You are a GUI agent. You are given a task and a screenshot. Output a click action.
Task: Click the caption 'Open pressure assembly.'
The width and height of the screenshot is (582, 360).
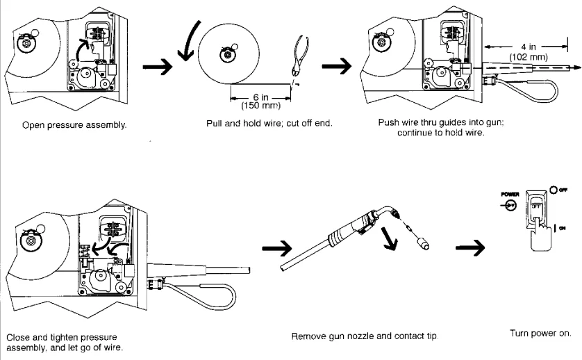pos(74,126)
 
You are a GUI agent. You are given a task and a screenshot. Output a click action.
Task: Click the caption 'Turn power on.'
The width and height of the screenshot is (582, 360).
pos(540,332)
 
